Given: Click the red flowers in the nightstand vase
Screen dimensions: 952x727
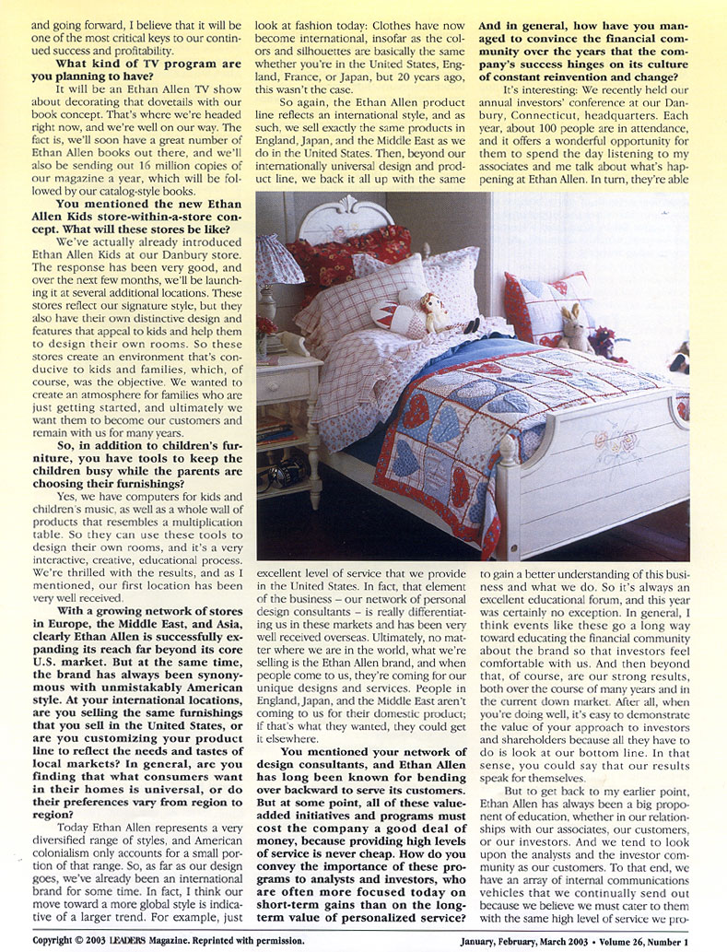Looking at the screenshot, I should tap(266, 325).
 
